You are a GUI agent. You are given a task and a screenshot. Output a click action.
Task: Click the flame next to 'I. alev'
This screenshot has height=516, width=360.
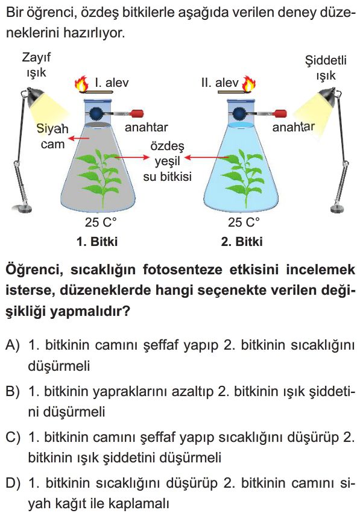[x=82, y=84]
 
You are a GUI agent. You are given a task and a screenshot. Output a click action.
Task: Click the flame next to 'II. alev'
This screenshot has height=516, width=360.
[x=249, y=84]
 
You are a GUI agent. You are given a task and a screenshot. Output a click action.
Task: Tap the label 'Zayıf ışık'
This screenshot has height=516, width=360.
[x=36, y=65]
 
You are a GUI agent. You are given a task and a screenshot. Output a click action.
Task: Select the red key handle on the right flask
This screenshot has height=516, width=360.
[x=280, y=114]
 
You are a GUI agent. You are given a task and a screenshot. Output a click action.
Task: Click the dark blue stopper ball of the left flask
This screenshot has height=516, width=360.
[x=98, y=114]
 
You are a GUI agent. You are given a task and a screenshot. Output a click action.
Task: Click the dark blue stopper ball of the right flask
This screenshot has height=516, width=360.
[x=240, y=114]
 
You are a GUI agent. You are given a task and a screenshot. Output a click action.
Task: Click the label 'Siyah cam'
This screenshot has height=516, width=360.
[x=52, y=136]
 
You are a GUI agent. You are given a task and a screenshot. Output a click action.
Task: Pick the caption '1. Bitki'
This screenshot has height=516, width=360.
[x=96, y=242]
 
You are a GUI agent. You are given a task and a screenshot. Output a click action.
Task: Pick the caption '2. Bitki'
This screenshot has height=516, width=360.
[x=242, y=242]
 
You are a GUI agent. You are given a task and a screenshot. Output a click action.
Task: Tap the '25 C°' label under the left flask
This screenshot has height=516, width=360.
[x=101, y=222]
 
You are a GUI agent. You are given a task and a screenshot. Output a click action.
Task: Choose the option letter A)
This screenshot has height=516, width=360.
[x=13, y=345]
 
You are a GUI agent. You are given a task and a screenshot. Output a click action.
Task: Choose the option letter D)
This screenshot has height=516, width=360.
[x=13, y=483]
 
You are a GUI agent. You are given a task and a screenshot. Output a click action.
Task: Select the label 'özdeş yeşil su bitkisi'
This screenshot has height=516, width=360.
[x=167, y=162]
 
